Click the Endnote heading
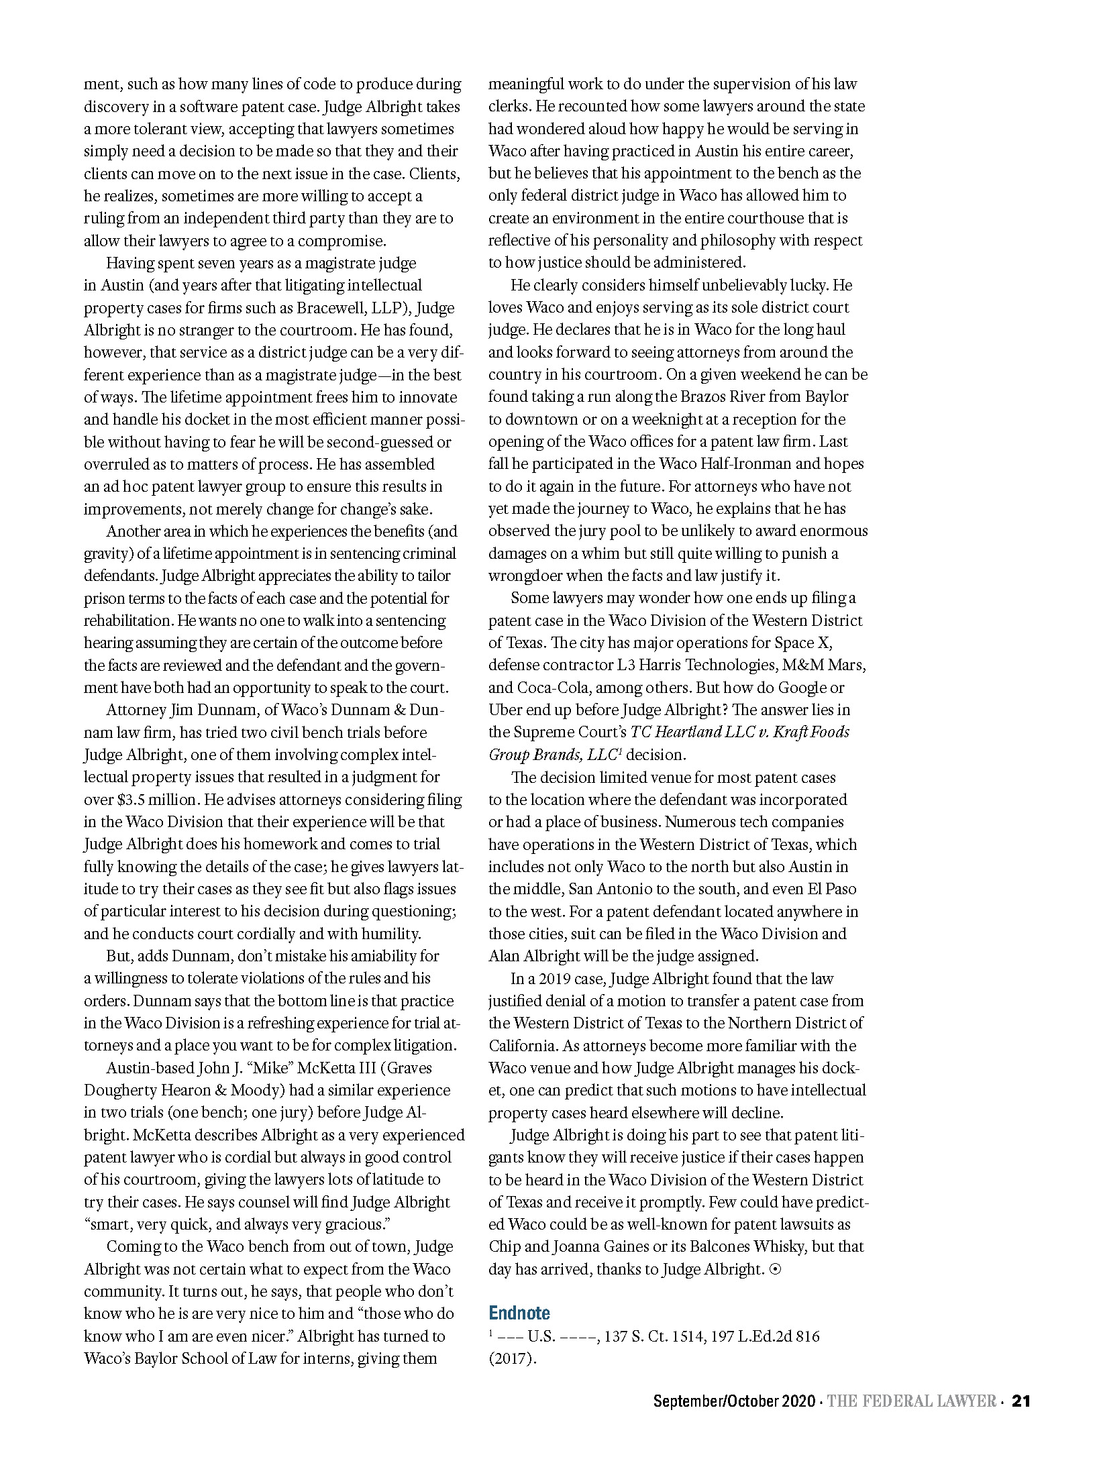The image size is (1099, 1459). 519,1313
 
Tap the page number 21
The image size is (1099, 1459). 1020,1401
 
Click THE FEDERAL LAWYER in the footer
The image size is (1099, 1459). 911,1401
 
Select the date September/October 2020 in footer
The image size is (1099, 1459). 734,1401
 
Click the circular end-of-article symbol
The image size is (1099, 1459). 775,1269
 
